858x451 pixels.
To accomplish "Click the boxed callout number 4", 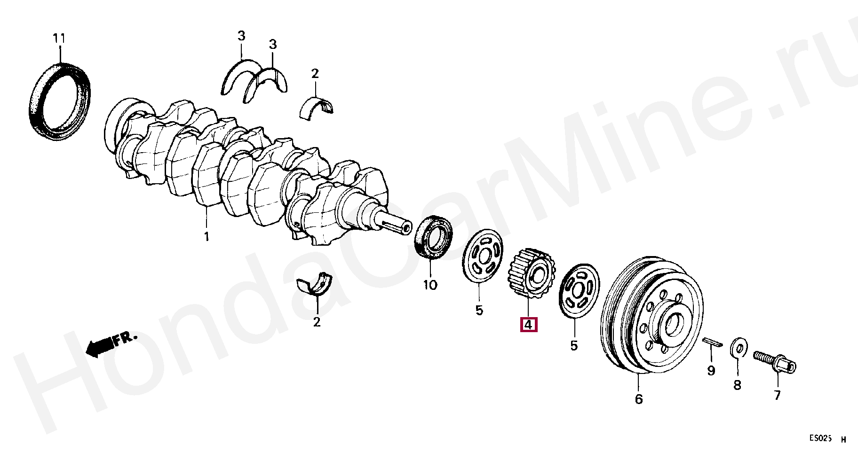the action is [528, 325].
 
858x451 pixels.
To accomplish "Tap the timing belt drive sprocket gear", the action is [532, 275].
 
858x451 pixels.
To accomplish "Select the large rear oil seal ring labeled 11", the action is [60, 101].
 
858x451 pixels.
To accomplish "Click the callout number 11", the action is [59, 38].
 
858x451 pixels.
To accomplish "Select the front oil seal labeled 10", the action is [433, 237].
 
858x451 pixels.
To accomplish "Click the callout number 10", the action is [430, 285].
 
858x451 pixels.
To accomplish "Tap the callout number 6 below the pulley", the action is [639, 399].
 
